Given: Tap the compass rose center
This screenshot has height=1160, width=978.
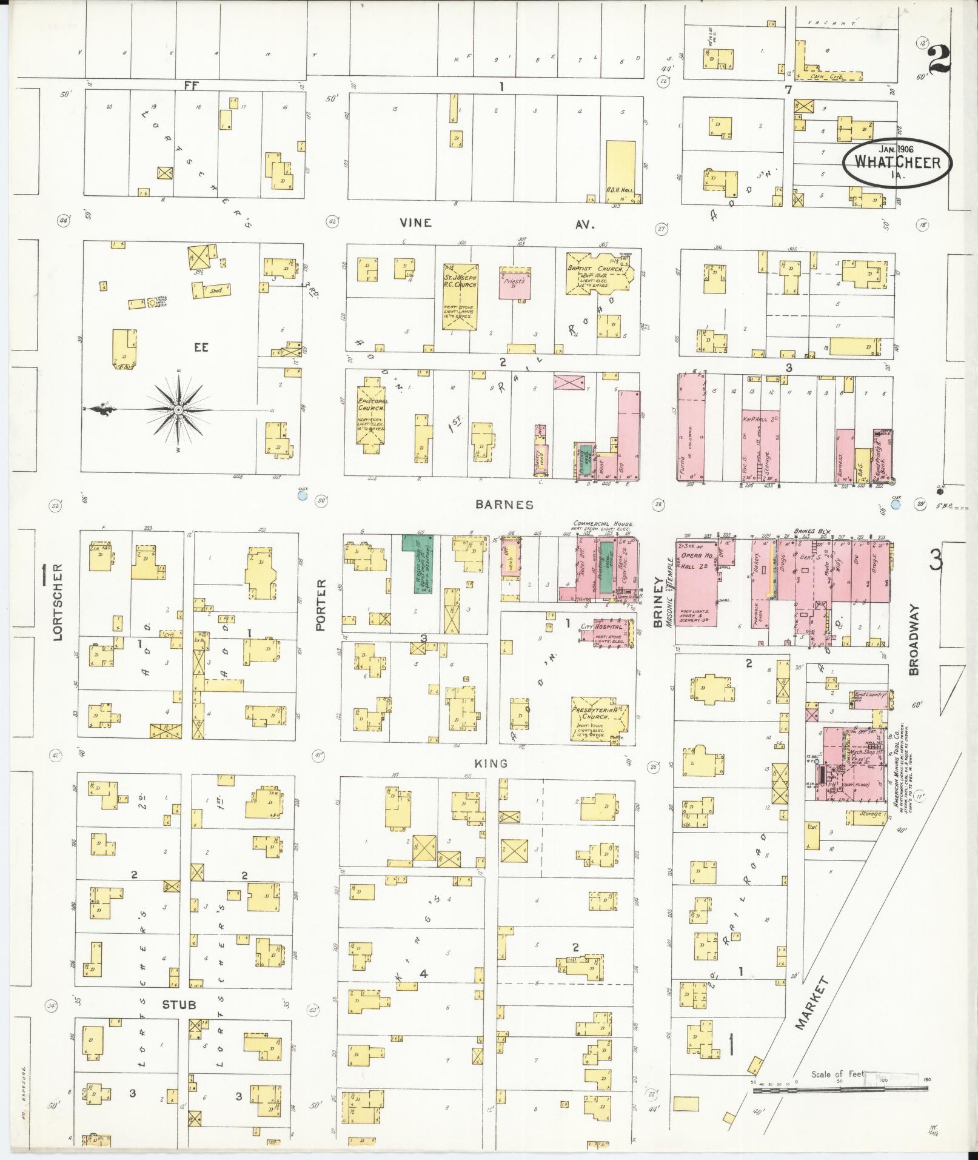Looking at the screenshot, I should tap(179, 411).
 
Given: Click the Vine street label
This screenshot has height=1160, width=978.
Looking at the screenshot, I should tap(416, 223).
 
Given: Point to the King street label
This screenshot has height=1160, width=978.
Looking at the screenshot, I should tap(491, 763).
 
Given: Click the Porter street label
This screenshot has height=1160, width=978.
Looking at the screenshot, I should tap(322, 604).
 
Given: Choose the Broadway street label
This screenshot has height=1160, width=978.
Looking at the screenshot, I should tap(914, 639).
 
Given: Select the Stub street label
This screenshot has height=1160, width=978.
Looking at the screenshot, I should tap(179, 1004).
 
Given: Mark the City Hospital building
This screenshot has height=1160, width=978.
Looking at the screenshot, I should tap(609, 632).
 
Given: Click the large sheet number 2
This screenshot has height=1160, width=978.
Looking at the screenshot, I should tap(939, 59).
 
